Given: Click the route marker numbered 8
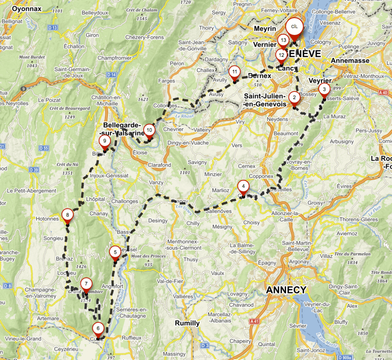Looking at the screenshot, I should click(x=67, y=216).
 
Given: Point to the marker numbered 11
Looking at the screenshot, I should click(x=234, y=72).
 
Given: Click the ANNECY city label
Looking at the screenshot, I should click(x=286, y=290).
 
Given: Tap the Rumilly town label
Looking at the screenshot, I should click(x=188, y=323).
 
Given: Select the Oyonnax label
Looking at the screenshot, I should click(x=27, y=9).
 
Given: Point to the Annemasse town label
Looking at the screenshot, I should click(x=350, y=61).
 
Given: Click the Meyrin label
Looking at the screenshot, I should click(x=265, y=29).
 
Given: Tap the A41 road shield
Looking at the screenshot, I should click(x=255, y=321).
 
